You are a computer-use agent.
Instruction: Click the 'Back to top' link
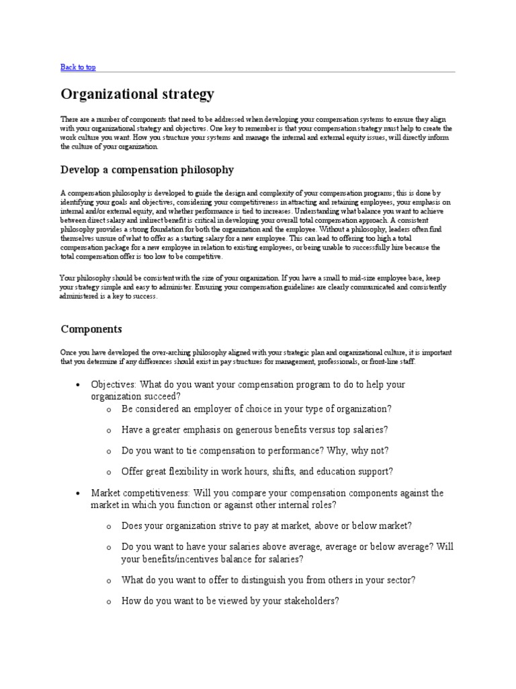coord(78,67)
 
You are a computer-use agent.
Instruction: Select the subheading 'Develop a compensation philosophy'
coord(147,169)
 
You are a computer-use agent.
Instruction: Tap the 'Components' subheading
coord(91,329)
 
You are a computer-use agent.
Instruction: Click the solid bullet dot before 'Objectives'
coord(79,385)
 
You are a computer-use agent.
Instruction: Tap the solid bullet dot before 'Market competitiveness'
coord(79,494)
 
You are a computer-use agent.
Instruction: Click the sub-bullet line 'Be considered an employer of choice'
coord(256,409)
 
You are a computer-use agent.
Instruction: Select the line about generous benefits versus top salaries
coord(255,430)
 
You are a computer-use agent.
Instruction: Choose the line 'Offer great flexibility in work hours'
coord(257,472)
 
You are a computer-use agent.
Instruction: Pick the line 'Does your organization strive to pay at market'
coord(267,525)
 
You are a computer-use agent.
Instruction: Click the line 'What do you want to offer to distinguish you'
coord(268,580)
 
